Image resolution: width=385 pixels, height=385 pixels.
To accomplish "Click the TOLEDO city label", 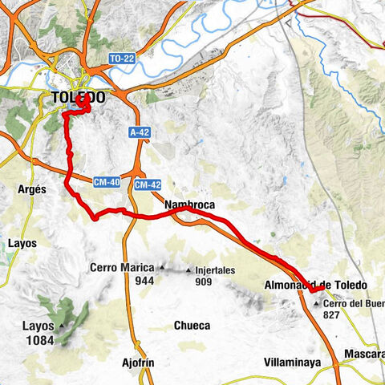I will point(77,98).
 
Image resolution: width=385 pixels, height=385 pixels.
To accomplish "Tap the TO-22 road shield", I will point(120,59).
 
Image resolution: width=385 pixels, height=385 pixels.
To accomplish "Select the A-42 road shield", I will point(140,132).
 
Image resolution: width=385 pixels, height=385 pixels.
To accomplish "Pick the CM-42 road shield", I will point(148,185).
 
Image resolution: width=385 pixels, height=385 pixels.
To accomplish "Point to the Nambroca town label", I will point(189,206).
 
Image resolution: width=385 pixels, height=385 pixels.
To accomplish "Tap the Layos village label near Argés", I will point(22,241).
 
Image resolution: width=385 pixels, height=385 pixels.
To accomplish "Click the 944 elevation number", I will point(144,281).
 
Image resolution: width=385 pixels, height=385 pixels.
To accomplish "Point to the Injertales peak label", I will point(214,270).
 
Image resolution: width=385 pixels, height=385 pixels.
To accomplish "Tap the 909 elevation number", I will point(202,282).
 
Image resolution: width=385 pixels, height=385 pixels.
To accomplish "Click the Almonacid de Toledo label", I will point(315,286).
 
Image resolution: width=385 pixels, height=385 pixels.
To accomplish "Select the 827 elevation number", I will point(330,315).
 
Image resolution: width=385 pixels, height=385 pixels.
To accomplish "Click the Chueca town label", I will point(192,326).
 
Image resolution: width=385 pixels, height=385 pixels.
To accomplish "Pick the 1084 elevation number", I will point(38,340).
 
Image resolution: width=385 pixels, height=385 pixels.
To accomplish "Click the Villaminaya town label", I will point(293,363).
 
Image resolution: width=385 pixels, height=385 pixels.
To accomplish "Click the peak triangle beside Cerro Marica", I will point(164,268).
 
